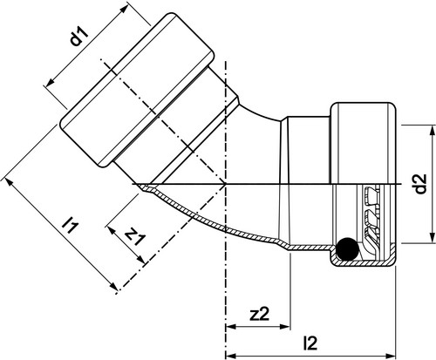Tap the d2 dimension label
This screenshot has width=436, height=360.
click(x=420, y=184)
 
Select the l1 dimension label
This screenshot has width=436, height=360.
click(x=71, y=226)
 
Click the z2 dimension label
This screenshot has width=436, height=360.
click(x=260, y=315)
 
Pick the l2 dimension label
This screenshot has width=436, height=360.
click(x=310, y=343)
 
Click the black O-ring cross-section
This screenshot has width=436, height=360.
click(x=347, y=248)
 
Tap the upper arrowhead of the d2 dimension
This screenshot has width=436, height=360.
click(x=433, y=130)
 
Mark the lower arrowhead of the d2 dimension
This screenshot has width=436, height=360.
click(x=433, y=238)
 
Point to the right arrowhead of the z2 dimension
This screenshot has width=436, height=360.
click(x=285, y=327)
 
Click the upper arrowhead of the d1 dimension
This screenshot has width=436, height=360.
click(x=124, y=9)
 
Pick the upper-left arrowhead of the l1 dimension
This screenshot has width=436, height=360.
click(x=9, y=183)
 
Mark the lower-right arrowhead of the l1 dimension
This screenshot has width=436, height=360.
click(x=114, y=287)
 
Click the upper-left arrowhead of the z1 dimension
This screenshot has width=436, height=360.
click(x=112, y=230)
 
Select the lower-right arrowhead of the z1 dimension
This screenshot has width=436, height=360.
click(x=140, y=260)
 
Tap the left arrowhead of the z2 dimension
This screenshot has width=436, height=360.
click(x=231, y=327)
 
